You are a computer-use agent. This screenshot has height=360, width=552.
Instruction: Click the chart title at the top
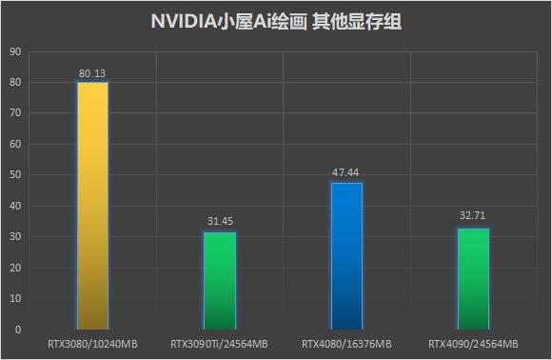[276, 22]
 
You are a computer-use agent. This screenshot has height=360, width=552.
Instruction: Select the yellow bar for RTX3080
[92, 205]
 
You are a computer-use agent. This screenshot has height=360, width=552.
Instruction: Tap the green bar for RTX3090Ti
[220, 280]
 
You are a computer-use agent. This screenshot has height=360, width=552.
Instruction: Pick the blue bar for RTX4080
[346, 255]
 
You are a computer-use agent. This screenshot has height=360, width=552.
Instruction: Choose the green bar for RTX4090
[473, 278]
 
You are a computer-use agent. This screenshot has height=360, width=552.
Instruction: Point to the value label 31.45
[220, 222]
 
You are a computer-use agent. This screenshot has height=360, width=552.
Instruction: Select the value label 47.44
[346, 172]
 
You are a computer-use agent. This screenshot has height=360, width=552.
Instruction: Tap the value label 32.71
[473, 217]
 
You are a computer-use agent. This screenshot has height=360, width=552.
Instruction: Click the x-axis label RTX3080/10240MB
[92, 343]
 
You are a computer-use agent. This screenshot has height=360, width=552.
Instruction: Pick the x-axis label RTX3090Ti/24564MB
[220, 343]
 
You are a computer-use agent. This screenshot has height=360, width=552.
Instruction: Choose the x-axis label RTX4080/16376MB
[346, 343]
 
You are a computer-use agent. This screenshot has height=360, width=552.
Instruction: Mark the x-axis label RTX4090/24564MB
[473, 343]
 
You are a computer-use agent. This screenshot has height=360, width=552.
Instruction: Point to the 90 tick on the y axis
[15, 51]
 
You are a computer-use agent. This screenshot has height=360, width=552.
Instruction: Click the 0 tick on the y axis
[18, 330]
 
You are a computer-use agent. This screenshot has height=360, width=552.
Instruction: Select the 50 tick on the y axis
[15, 175]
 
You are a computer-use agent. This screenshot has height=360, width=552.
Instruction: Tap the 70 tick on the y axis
[15, 113]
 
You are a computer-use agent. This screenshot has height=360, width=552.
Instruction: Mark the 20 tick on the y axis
[15, 268]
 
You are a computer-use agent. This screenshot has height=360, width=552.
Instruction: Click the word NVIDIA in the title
[185, 22]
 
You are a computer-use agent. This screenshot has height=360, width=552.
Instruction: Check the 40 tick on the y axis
[15, 206]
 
